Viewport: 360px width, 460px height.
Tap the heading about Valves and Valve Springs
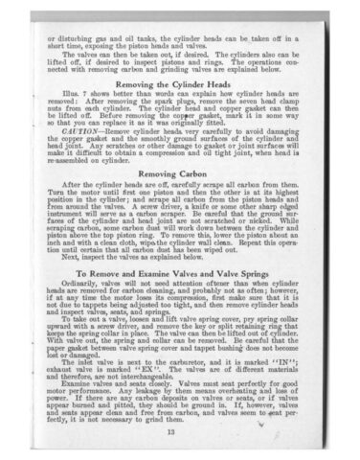click(180, 273)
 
